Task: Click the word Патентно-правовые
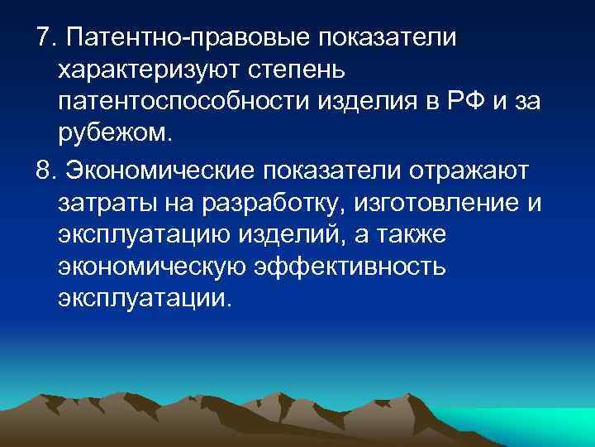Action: click(x=186, y=38)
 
